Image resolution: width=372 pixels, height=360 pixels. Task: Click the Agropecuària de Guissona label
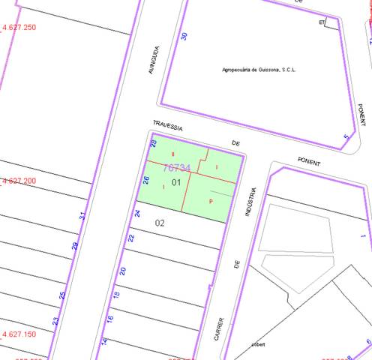click(x=259, y=70)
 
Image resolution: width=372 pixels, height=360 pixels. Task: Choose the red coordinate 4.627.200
click(x=19, y=181)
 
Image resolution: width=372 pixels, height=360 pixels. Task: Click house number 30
click(x=184, y=36)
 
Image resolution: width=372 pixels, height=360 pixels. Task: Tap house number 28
click(x=153, y=143)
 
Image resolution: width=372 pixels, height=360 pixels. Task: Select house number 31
click(x=82, y=216)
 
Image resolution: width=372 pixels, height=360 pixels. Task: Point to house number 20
click(x=123, y=271)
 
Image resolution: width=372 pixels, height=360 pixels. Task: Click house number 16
click(x=109, y=319)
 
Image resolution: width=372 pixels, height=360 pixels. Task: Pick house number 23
click(x=55, y=321)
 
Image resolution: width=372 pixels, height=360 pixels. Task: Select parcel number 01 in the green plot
click(x=176, y=182)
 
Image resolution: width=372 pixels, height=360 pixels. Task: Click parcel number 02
click(x=160, y=223)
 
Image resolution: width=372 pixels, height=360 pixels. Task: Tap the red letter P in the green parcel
click(x=211, y=201)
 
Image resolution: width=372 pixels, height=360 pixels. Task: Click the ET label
click(x=322, y=22)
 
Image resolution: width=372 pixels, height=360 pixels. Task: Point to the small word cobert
click(x=259, y=344)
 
